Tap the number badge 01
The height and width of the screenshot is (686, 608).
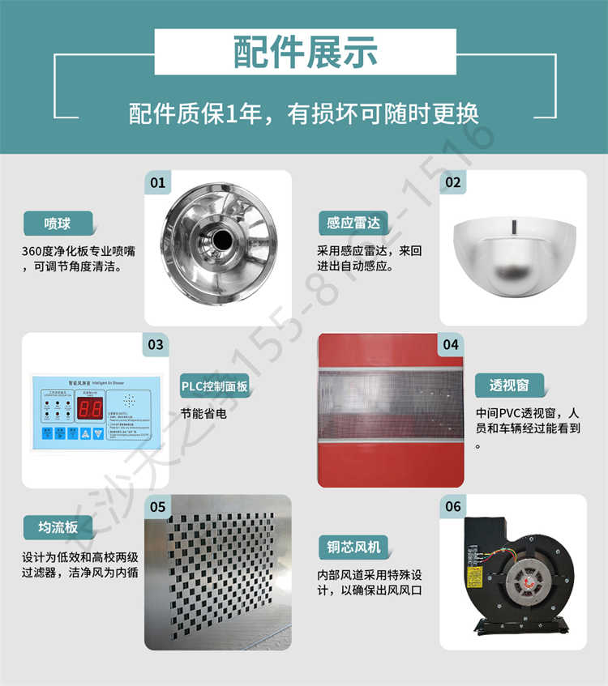157,182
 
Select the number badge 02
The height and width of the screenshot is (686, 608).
453,182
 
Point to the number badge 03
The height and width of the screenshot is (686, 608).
157,344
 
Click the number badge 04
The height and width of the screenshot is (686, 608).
452,344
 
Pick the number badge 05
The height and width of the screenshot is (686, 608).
157,507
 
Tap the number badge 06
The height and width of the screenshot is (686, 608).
453,507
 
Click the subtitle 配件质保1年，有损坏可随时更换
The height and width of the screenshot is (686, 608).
304,114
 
